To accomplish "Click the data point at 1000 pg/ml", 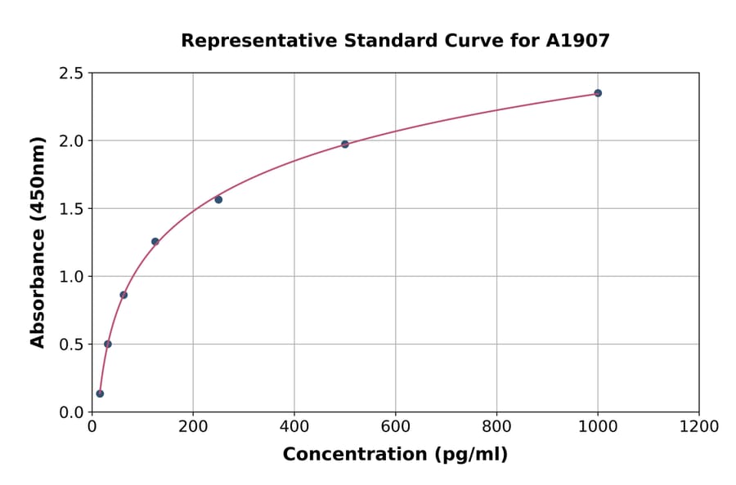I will point(598,93).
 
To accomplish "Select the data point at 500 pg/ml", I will point(345,145).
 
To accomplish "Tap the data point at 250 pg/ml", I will point(218,199).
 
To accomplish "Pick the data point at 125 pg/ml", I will point(155,242).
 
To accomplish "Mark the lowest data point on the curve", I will point(100,394).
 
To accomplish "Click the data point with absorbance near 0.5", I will point(108,344).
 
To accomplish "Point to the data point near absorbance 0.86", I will point(123,295).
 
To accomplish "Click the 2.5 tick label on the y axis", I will point(71,73).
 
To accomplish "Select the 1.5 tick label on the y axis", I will point(71,209).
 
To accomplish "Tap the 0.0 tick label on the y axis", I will point(71,412).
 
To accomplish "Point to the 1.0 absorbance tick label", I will point(71,277).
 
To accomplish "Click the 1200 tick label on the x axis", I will point(698,427).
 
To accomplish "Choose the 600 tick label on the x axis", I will point(395,427).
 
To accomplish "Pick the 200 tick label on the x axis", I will point(193,427).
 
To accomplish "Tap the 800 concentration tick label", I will point(496,427).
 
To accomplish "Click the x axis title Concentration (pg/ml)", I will point(395,455).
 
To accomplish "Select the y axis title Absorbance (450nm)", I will point(38,242).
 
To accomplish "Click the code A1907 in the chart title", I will point(577,41).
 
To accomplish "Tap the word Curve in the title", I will point(477,41).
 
